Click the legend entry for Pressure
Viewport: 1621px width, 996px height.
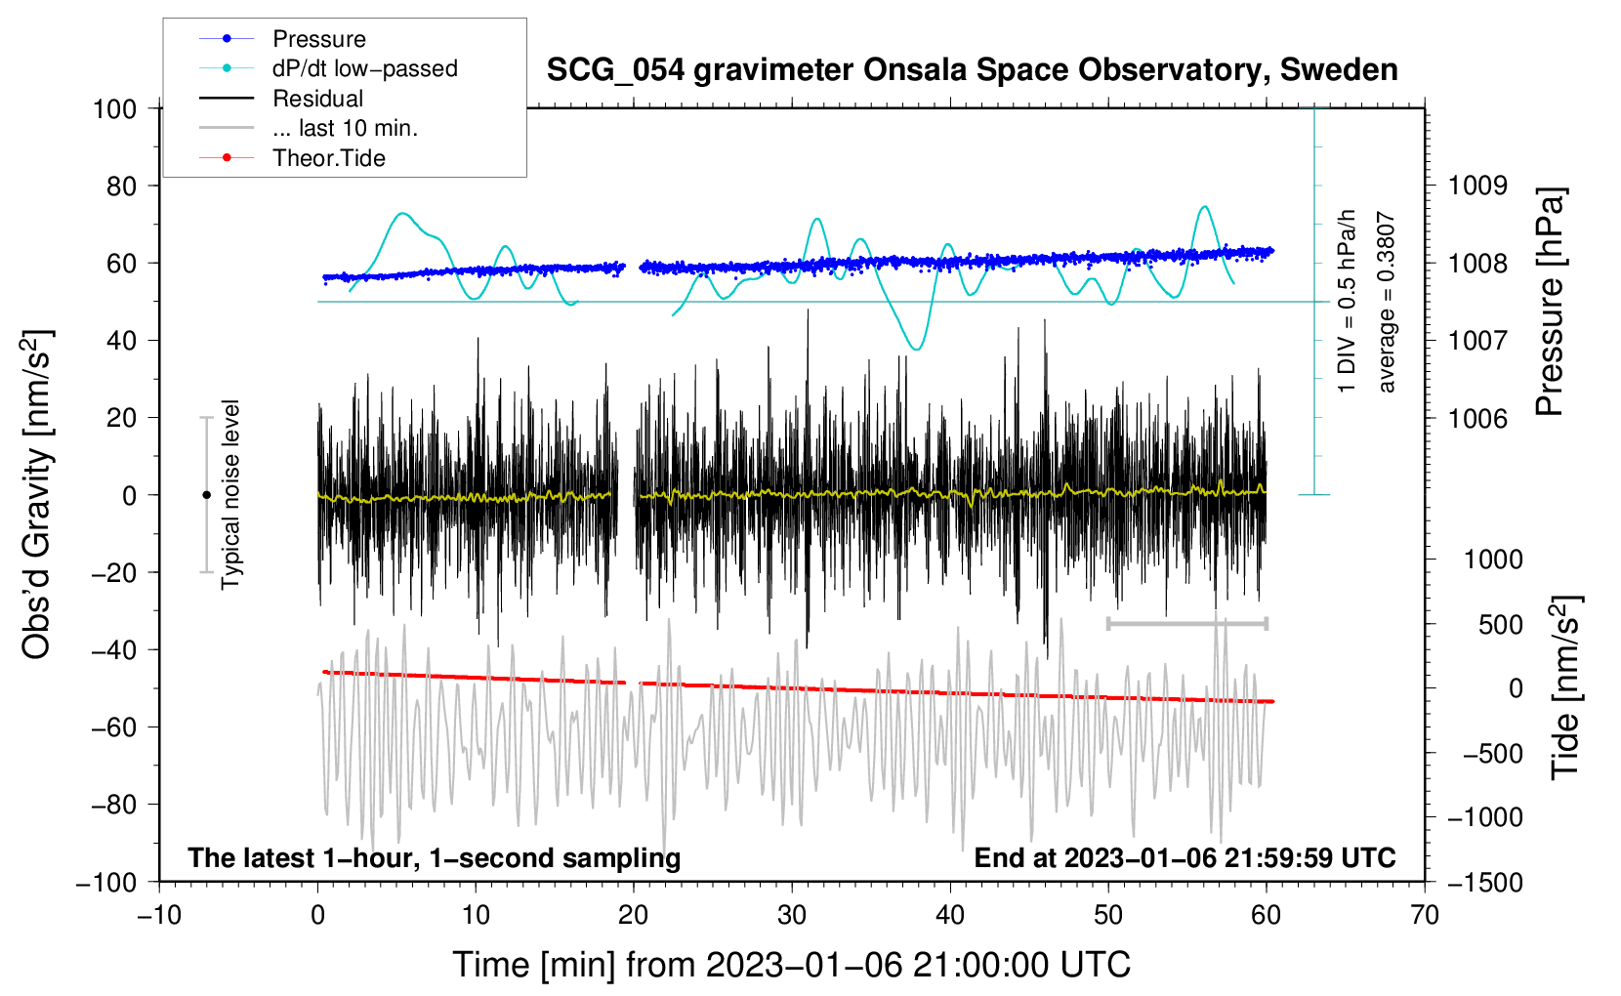[x=282, y=38]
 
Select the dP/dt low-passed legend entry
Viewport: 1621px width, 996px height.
[x=328, y=68]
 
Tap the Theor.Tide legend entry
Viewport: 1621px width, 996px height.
[x=292, y=158]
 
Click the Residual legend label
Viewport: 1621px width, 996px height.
[x=317, y=99]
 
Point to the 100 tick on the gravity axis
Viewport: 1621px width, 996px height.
[x=115, y=109]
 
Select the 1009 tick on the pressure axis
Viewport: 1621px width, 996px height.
[x=1477, y=187]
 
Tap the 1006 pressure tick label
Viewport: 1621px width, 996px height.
[x=1477, y=418]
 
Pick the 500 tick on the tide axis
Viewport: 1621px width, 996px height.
[x=1500, y=624]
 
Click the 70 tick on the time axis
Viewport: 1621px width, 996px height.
[x=1424, y=915]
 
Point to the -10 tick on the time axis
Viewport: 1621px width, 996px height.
[x=159, y=915]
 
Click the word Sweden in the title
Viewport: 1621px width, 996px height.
[x=1339, y=70]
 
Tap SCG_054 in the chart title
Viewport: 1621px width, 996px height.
[x=615, y=70]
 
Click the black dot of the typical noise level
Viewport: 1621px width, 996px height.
[x=206, y=495]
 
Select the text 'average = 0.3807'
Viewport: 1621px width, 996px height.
[x=1385, y=302]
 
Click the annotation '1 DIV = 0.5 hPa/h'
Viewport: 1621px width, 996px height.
[x=1346, y=301]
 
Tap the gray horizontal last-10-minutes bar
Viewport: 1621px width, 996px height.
[x=1186, y=623]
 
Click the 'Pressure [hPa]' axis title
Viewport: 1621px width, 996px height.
[x=1550, y=302]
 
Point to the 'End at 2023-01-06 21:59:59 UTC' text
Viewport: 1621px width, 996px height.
[x=1185, y=857]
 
